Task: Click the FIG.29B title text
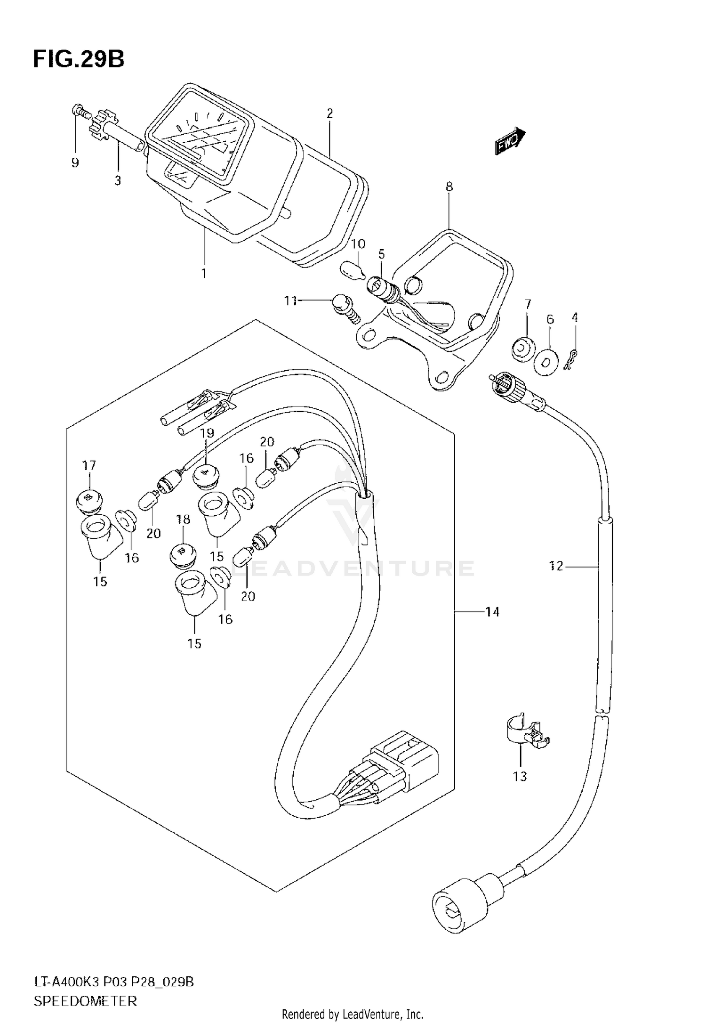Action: click(78, 60)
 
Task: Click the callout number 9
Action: click(75, 163)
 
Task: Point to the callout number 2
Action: click(329, 113)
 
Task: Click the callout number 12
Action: click(556, 566)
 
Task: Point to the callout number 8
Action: click(449, 187)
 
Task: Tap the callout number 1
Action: click(204, 273)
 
